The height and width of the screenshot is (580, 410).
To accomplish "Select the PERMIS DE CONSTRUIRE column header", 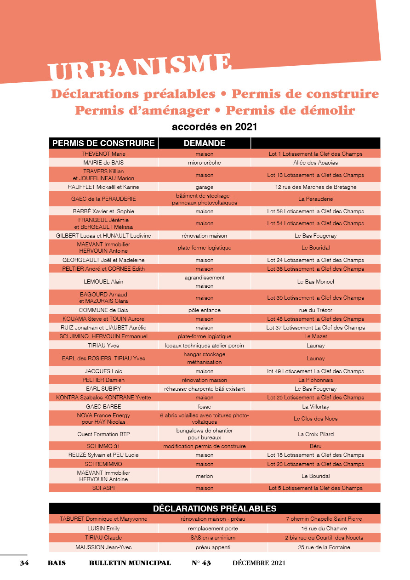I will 103,143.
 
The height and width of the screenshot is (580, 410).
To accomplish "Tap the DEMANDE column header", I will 205,143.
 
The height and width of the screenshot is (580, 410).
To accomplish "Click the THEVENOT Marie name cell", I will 103,154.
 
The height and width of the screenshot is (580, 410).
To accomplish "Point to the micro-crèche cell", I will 205,163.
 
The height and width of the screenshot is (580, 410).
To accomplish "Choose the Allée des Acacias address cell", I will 315,163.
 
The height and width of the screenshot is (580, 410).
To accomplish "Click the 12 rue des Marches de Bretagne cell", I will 315,187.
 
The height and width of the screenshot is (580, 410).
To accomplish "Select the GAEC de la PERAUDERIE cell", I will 103,199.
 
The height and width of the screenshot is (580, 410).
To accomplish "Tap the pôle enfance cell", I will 205,310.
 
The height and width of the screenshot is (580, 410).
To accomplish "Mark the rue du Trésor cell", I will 315,310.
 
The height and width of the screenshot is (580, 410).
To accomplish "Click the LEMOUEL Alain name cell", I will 103,282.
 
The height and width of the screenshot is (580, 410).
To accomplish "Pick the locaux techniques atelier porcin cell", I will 205,346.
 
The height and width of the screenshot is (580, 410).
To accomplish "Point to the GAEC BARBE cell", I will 103,407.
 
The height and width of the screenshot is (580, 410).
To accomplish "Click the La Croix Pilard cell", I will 315,434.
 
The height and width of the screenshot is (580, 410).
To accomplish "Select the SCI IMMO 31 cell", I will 103,446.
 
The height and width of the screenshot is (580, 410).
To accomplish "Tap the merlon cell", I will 205,476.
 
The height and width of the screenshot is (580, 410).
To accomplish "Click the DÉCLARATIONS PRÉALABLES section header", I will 215,509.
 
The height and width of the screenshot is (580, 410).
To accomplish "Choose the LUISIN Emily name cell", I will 103,529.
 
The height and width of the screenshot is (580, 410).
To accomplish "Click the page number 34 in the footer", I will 24,563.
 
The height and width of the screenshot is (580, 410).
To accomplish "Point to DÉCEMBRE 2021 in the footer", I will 259,563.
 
